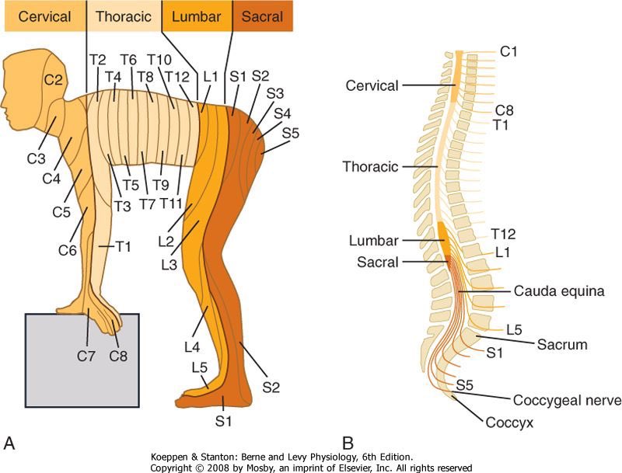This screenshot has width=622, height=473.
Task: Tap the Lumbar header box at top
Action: pos(196,16)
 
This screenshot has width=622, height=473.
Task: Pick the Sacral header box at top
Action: pos(262,16)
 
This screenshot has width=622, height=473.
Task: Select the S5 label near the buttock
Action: pos(292,133)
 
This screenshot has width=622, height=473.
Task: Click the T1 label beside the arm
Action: pos(123,246)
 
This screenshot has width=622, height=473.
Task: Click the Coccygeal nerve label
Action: pos(567,401)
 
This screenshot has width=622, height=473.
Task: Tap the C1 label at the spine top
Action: pos(509,52)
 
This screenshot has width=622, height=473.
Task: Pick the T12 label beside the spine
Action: pos(504,234)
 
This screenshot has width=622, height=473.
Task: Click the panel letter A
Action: pos(9,443)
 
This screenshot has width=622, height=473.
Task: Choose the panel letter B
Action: pos(348,443)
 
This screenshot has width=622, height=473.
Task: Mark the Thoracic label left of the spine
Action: pos(370,167)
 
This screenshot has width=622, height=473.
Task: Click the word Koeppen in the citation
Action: pos(171,457)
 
